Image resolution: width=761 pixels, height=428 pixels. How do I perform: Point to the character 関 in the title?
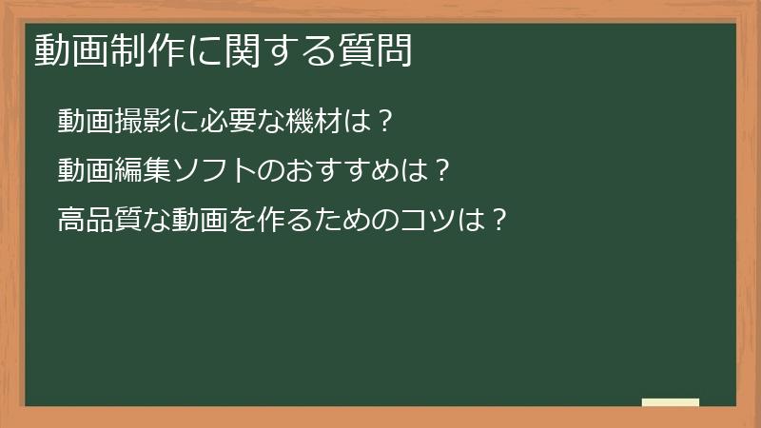click(243, 49)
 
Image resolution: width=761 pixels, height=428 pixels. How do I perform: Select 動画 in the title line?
click(71, 49)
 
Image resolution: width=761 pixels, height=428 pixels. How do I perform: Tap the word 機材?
click(319, 122)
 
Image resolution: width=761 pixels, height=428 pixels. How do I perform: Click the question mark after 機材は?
click(384, 122)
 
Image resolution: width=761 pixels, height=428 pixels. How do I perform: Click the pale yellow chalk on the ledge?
click(671, 402)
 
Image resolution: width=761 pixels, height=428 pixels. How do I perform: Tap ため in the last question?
click(345, 222)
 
